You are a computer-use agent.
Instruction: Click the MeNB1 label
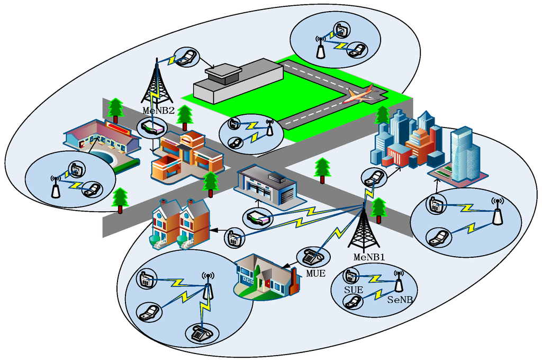[369, 257]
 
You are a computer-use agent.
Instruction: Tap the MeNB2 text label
[158, 111]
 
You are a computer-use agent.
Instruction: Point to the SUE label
[353, 290]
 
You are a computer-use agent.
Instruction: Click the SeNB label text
[400, 300]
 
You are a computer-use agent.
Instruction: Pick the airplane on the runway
[360, 95]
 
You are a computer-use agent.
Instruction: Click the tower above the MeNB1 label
[364, 228]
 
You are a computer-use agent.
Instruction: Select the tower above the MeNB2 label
[157, 82]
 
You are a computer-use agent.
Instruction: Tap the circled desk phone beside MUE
[313, 257]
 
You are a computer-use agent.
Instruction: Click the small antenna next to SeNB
[399, 282]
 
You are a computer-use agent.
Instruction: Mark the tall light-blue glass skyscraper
[465, 153]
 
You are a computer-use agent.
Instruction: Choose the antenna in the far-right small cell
[496, 211]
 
